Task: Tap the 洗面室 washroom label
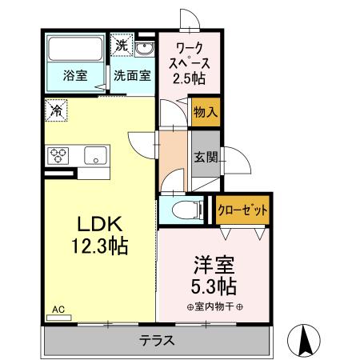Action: pos(130,77)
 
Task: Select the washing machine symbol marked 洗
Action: pos(120,46)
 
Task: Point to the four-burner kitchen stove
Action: pos(59,154)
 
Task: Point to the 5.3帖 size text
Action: pos(214,286)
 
